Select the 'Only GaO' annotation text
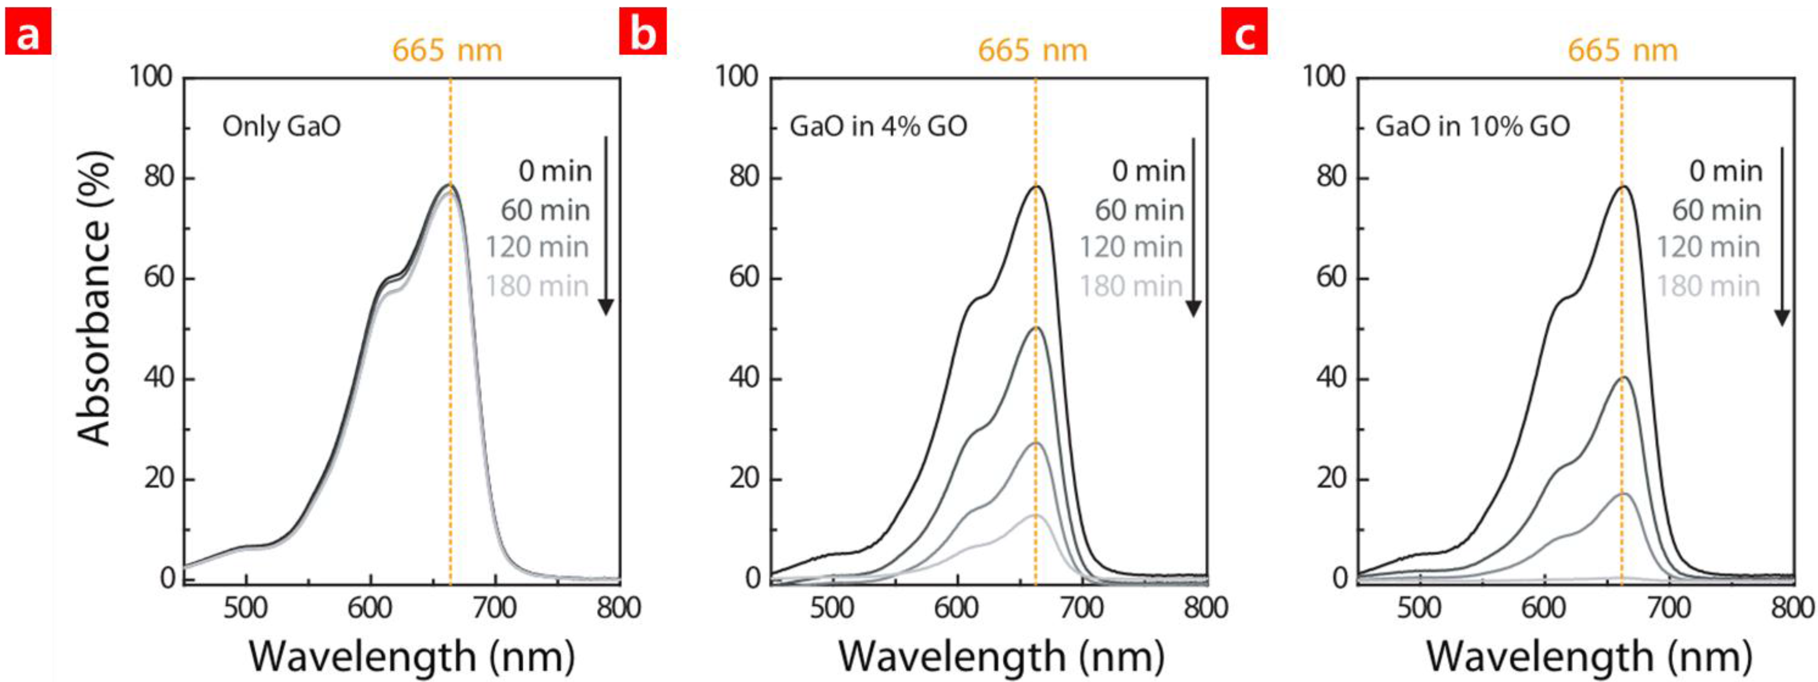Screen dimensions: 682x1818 (x=281, y=127)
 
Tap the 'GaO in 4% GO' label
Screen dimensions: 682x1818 (x=878, y=127)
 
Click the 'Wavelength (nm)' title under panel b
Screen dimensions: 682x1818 (x=1001, y=657)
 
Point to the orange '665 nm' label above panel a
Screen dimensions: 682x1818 (x=447, y=51)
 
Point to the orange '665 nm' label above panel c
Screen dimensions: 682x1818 (x=1622, y=51)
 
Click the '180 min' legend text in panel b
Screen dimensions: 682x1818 (x=1131, y=286)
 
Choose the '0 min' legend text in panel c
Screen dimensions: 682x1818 (x=1725, y=171)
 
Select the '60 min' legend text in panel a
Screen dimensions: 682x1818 (x=546, y=210)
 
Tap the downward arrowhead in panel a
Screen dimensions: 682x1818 (x=606, y=307)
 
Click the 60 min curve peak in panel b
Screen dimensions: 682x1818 (x=1035, y=328)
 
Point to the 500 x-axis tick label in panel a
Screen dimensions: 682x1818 (x=245, y=609)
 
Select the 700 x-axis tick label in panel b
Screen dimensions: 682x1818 (x=1082, y=609)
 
